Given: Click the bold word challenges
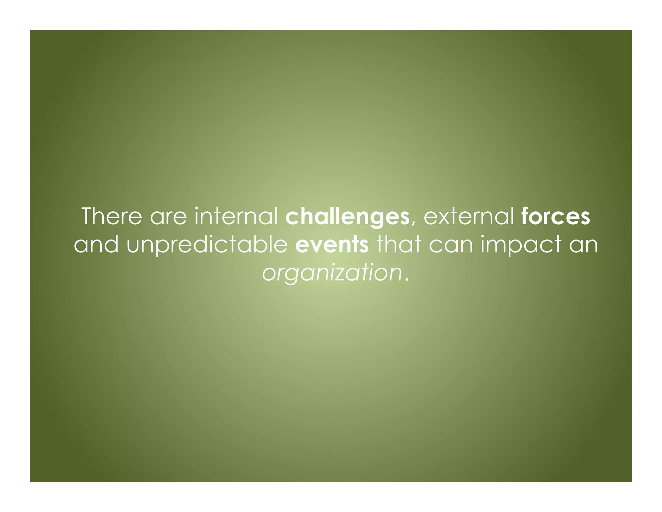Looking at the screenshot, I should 347,217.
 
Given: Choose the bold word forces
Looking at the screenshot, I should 556,217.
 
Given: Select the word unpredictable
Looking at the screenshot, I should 207,245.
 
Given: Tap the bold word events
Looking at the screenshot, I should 332,245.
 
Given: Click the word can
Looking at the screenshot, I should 451,245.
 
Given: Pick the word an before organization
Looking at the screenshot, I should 583,245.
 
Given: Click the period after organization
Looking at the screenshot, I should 407,279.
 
